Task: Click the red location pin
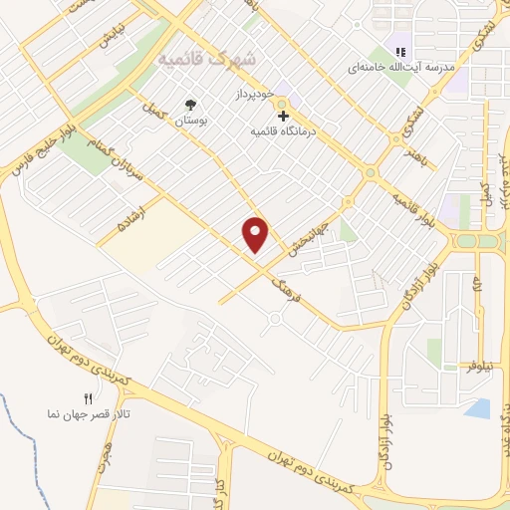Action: click(x=257, y=233)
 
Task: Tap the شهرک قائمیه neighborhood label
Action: click(x=206, y=59)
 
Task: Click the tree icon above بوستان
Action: click(x=190, y=104)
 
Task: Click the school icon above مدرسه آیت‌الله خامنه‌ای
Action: click(x=400, y=52)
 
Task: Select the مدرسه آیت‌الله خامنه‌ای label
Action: click(x=400, y=67)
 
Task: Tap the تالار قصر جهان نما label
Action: click(x=90, y=412)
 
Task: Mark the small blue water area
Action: click(x=478, y=407)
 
